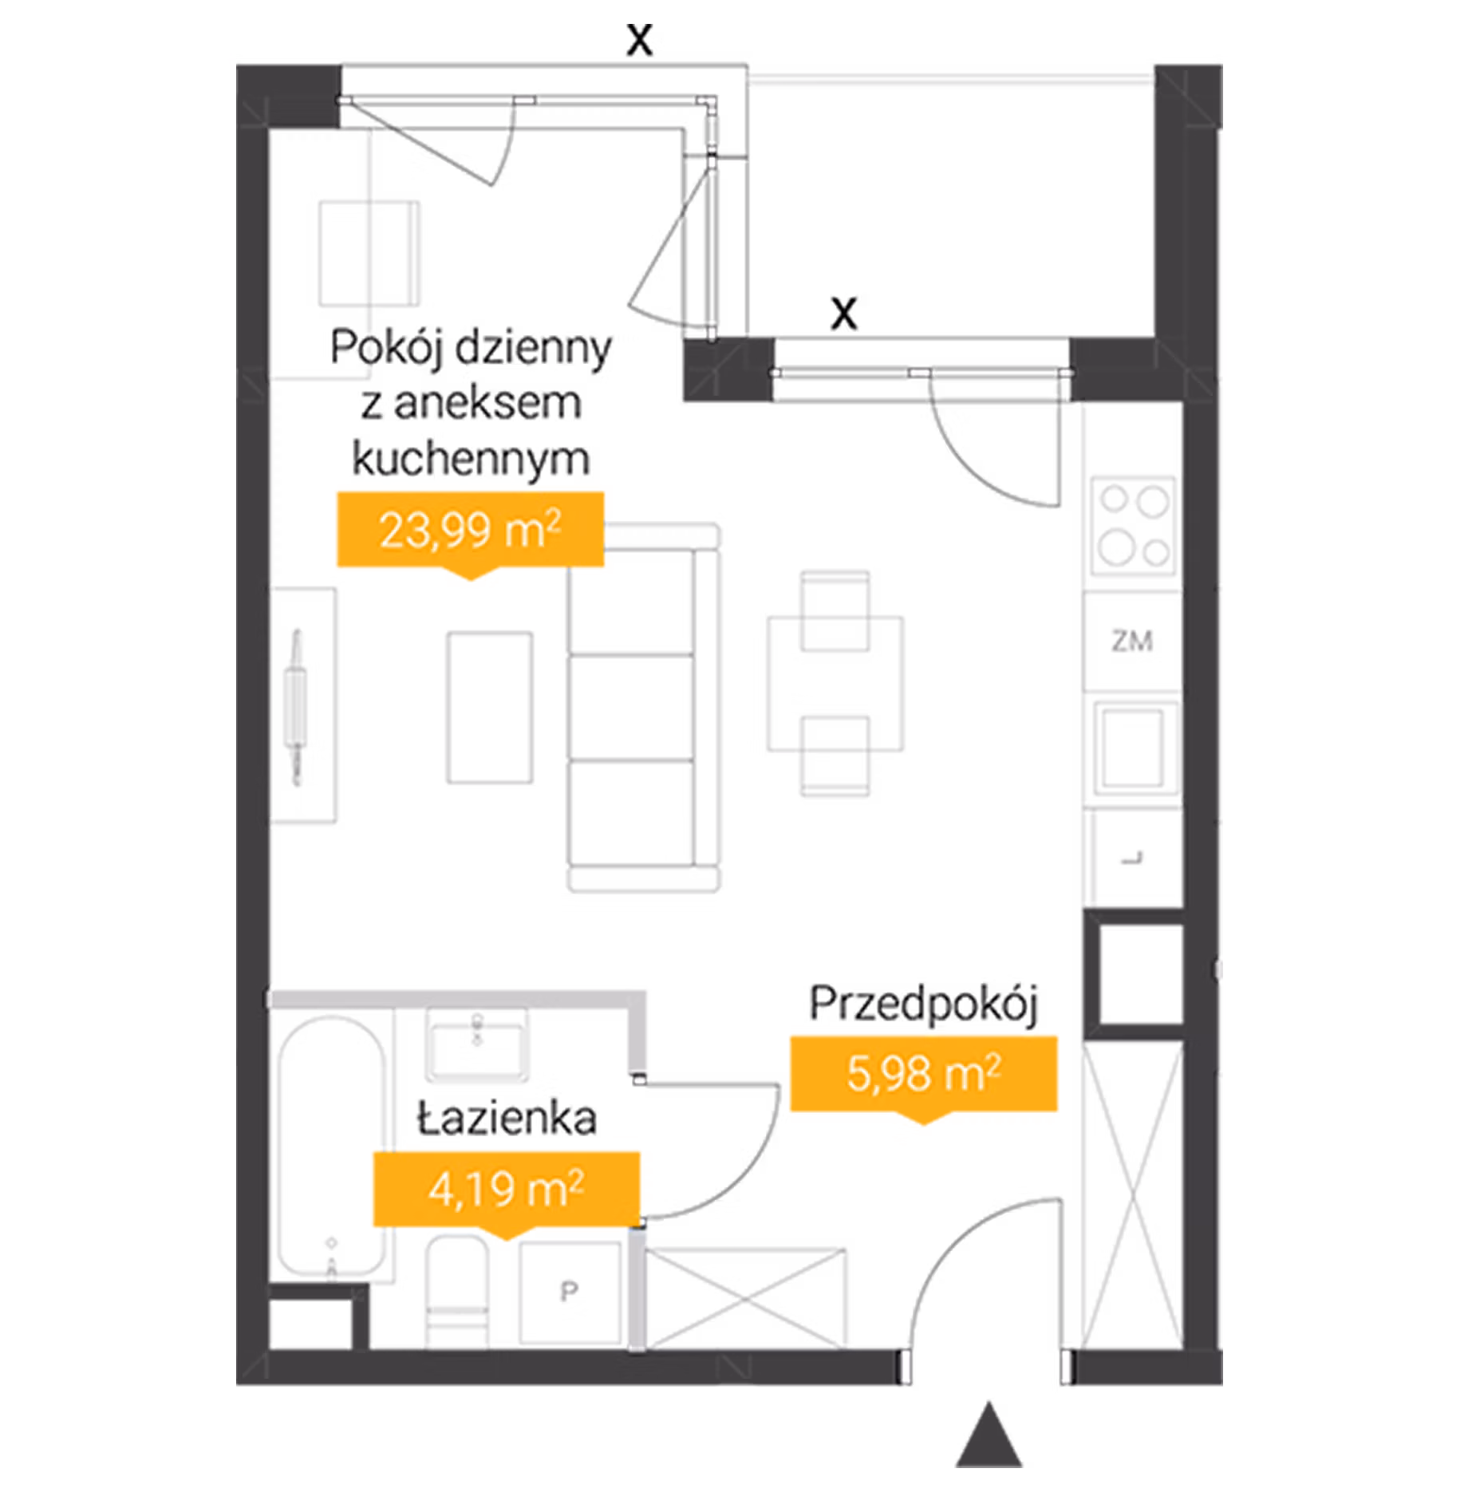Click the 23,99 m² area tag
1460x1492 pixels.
470,531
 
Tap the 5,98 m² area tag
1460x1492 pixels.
924,1074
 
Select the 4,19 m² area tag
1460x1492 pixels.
507,1189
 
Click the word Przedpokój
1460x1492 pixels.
924,1005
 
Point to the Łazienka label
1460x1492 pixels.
507,1119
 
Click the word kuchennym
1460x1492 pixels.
471,460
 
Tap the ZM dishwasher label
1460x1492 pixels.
1132,641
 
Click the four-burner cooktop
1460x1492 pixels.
1133,526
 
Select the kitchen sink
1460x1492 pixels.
1134,748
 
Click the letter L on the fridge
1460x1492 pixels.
1133,858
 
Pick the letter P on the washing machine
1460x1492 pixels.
569,1291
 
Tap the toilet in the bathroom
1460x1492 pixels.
458,1291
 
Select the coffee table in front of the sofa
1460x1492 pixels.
490,708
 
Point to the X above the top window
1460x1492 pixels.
639,39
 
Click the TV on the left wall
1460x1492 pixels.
297,707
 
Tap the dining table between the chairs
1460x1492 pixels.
835,684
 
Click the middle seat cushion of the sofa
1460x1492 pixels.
630,708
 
